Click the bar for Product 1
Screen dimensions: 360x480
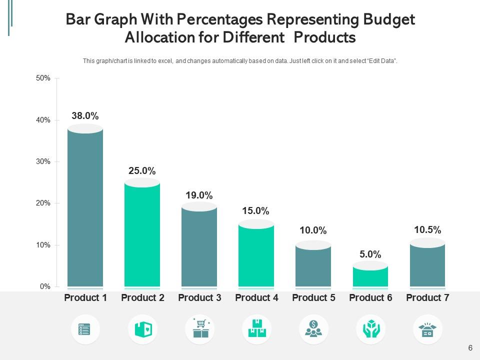[x=85, y=207]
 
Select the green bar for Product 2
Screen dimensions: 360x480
[x=142, y=235]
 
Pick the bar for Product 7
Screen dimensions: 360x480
[x=427, y=265]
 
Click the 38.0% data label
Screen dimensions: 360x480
[x=85, y=116]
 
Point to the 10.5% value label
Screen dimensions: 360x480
[x=427, y=230]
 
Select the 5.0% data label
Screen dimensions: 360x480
[x=370, y=254]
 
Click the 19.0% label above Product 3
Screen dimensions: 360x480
[x=199, y=195]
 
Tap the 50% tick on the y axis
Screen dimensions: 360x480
[x=43, y=78]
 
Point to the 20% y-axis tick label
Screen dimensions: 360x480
[x=43, y=203]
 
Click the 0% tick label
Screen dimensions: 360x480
[x=45, y=287]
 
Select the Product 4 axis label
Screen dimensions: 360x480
[x=256, y=298]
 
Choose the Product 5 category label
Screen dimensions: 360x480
[x=313, y=298]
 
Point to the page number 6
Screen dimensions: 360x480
[x=470, y=348]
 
